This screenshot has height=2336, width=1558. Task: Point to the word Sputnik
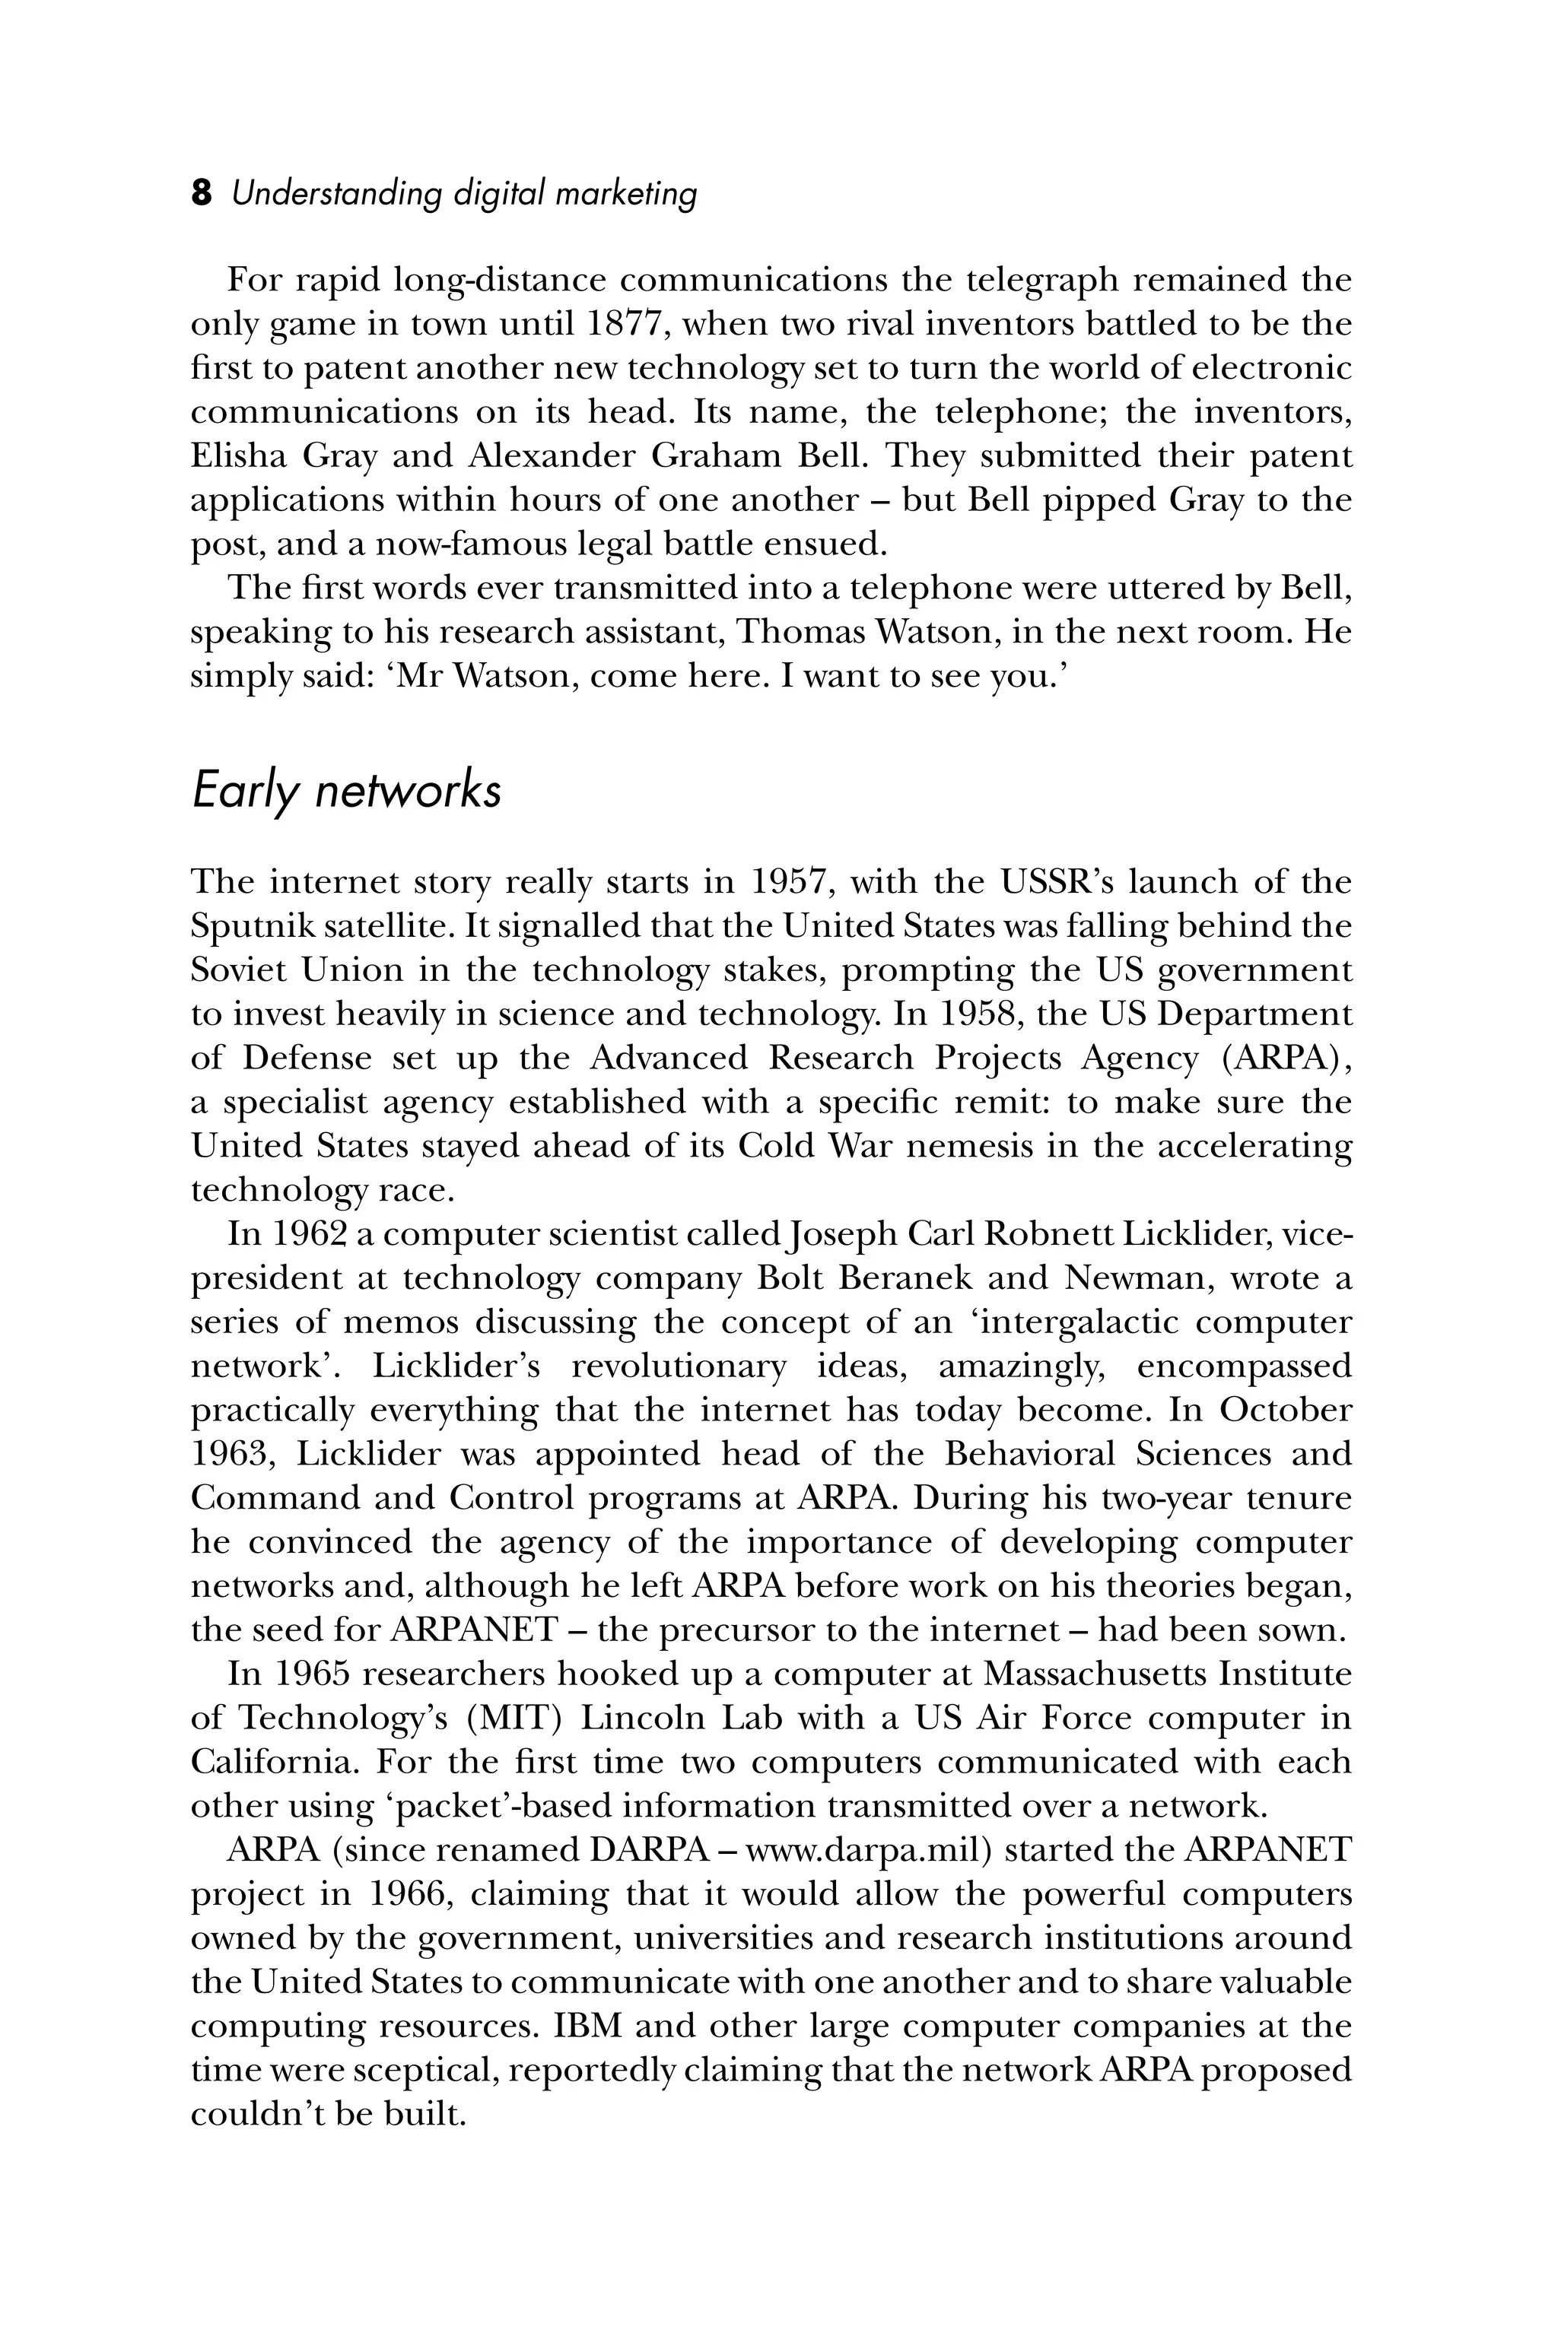coord(243,927)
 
